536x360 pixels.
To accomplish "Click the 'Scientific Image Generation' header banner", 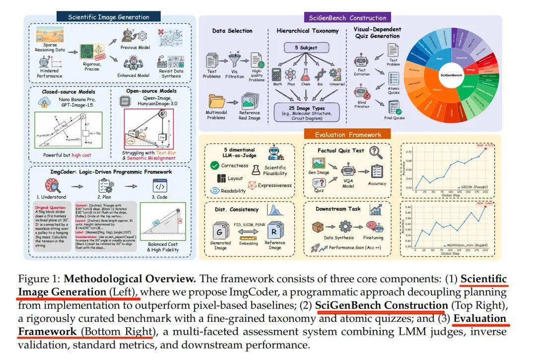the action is tap(109, 17).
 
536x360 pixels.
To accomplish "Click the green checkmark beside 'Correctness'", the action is tap(215, 165).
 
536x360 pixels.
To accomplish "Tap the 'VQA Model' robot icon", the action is tap(347, 171).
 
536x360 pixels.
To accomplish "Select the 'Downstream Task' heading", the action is tap(339, 209).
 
